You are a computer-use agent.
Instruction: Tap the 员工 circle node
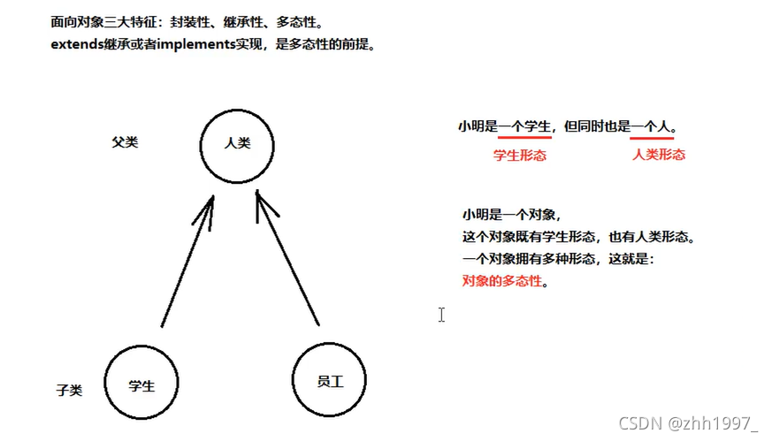pos(329,381)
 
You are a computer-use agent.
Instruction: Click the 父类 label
pos(125,141)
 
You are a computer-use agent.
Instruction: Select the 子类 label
pos(69,390)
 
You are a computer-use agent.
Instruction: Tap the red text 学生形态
pos(519,155)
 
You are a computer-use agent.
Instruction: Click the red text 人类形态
pos(659,154)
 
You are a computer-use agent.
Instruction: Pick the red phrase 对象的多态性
pos(501,281)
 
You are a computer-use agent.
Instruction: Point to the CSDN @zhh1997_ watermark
pos(687,423)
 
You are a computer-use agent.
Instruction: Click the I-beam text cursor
pos(441,315)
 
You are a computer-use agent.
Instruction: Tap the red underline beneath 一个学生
pos(524,138)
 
